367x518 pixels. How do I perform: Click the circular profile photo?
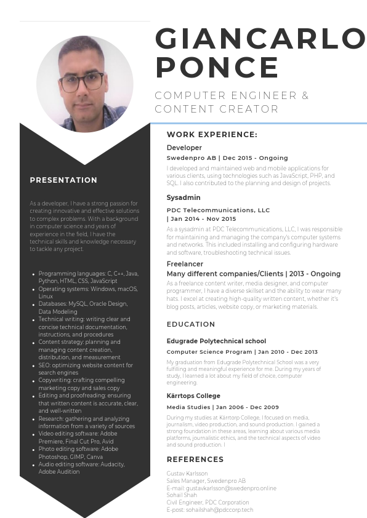[85, 84]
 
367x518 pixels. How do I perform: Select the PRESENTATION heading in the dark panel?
[63, 180]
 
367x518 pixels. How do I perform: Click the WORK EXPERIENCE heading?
[212, 135]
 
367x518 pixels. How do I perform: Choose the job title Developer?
[184, 148]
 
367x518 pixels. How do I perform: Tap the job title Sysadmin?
[183, 197]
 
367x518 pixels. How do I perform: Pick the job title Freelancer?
[185, 264]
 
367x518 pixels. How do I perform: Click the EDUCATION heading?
[191, 324]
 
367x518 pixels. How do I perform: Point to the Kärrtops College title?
[193, 396]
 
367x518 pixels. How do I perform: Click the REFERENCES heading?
[195, 460]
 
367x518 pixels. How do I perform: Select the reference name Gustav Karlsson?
[187, 474]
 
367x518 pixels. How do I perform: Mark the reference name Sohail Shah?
[182, 495]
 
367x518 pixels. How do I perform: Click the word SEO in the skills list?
[44, 365]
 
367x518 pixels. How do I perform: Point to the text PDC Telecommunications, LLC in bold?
[218, 210]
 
